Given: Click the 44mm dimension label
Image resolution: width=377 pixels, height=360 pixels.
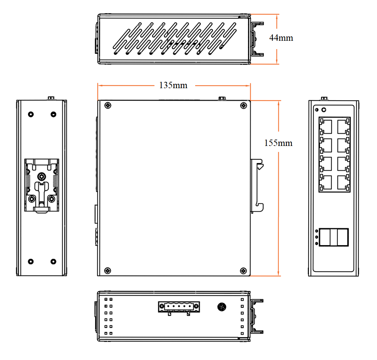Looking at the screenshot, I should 281,38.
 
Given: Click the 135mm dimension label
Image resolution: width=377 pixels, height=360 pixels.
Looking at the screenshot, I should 173,85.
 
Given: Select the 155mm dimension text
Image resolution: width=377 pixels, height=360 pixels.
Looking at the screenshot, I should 278,143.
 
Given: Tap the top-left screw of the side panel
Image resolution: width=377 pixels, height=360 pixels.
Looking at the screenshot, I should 108,106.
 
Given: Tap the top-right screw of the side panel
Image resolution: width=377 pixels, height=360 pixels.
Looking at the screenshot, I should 244,106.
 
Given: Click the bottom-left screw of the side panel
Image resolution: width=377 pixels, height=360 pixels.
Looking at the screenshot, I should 107,270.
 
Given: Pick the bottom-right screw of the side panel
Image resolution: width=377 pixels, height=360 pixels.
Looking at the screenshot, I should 244,270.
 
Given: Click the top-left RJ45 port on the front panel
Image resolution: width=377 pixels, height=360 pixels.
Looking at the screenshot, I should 326,127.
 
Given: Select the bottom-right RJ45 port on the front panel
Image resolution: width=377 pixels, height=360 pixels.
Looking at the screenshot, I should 343,182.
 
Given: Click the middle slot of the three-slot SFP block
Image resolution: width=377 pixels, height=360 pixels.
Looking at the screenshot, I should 334,237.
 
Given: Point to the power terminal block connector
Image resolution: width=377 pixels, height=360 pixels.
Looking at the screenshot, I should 179,307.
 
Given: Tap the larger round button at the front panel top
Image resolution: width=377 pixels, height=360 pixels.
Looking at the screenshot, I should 323,110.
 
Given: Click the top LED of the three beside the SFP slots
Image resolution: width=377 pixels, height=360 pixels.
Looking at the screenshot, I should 316,231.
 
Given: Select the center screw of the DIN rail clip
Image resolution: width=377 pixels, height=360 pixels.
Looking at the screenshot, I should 41,176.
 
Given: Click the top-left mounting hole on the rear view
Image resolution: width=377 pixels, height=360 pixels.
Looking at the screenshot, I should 31,114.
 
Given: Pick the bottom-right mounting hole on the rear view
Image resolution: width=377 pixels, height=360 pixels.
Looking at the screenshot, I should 53,261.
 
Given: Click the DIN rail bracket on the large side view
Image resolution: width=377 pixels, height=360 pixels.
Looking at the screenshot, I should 257,186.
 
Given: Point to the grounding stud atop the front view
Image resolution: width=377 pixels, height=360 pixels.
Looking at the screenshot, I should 323,98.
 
